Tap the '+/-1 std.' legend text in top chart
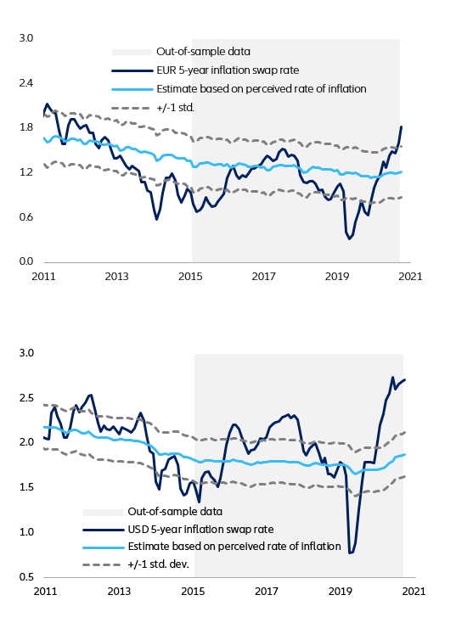177,108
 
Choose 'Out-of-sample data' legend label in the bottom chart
174,512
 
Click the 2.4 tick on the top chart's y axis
25,83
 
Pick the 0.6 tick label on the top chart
25,216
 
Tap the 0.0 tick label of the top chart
25,261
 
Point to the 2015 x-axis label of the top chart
191,276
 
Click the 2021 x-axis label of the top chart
412,276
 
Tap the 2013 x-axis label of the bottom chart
120,591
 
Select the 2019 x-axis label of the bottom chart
341,591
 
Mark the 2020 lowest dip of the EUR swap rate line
349,239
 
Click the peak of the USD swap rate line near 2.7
392,377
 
